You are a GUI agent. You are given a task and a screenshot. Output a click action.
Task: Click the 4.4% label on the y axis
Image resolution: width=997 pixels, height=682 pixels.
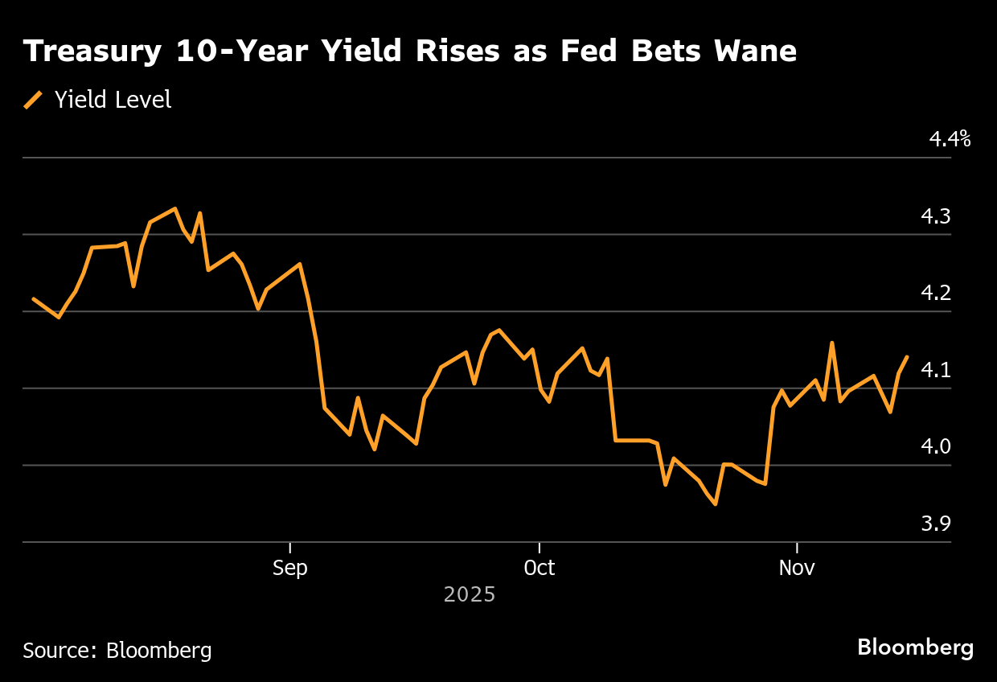click(950, 139)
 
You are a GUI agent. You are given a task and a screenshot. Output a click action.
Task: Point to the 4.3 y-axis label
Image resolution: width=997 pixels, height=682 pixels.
click(936, 216)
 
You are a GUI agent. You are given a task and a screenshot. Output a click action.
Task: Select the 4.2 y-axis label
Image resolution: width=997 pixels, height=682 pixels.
click(936, 293)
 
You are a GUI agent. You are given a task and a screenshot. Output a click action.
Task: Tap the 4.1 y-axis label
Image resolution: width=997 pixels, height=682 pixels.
click(936, 370)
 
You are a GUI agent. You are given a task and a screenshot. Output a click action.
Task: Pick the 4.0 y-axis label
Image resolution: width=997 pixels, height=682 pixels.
click(936, 446)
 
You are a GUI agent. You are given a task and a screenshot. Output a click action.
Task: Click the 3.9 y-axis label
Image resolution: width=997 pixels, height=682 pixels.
click(936, 524)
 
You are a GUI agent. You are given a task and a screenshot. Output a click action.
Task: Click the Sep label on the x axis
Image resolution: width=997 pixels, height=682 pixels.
click(289, 568)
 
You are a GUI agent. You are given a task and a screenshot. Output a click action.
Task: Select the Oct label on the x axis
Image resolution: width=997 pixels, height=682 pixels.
click(539, 568)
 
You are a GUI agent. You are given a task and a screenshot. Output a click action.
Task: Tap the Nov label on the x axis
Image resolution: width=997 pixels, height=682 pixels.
click(797, 568)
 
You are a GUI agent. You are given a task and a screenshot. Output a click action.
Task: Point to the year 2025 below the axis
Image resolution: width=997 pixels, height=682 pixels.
click(470, 595)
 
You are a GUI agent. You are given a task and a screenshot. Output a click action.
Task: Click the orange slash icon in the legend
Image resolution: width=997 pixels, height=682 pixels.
click(34, 100)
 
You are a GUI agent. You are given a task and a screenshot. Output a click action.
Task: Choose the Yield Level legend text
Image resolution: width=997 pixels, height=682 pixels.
click(113, 100)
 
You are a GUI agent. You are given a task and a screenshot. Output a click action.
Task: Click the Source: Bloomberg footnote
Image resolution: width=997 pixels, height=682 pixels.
click(117, 650)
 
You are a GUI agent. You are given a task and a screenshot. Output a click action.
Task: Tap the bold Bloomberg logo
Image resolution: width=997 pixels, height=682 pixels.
click(915, 647)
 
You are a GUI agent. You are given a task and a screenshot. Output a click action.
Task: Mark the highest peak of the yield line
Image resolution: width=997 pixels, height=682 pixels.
click(174, 209)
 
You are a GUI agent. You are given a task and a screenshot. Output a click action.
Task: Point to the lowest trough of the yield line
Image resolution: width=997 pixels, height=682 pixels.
click(715, 503)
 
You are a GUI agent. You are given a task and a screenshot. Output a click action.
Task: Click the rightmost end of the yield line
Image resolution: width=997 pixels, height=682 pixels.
click(907, 357)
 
